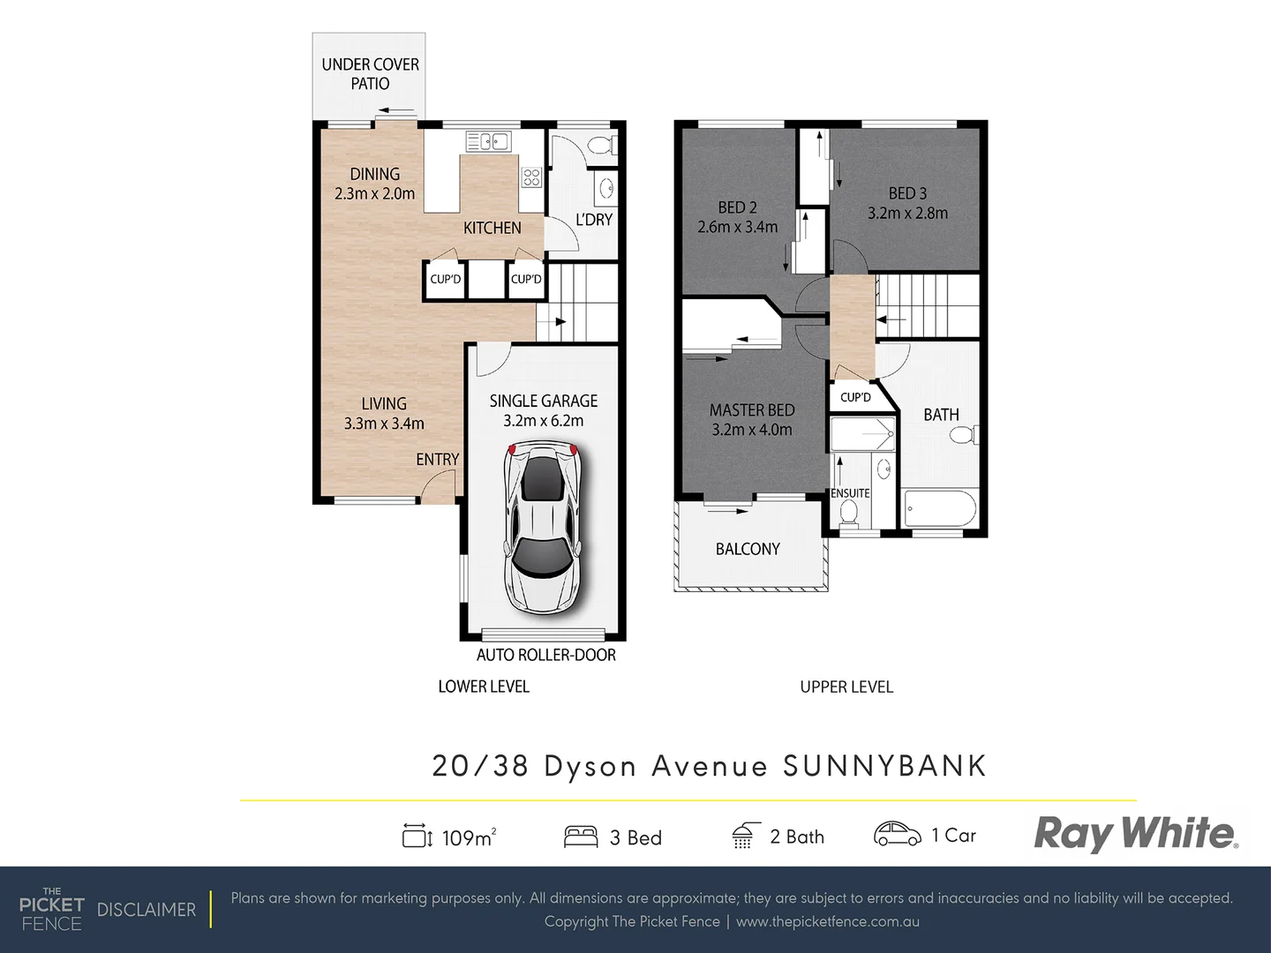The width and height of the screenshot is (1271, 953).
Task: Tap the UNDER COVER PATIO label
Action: coord(370,74)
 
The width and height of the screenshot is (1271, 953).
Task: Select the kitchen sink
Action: coord(487,141)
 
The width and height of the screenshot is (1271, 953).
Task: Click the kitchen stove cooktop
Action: coord(531,176)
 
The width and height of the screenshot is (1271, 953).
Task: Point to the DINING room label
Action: coord(374,174)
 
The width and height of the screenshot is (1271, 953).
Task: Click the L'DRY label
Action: coord(594,220)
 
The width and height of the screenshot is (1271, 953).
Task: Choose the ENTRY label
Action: coord(437,460)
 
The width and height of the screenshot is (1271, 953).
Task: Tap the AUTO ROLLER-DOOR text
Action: coord(545,655)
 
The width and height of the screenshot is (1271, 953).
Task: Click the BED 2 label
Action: coord(737,207)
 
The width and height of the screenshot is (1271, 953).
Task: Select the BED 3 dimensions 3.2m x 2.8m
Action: coord(907,214)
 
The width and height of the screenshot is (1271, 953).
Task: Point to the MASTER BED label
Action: coord(752,410)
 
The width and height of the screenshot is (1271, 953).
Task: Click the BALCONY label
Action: coord(748,549)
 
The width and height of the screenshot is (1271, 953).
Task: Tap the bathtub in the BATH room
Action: coord(940,509)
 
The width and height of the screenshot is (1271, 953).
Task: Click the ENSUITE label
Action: coord(850,493)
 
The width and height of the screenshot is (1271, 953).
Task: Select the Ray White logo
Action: coord(1136,833)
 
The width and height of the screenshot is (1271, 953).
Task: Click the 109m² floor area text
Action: coord(468,837)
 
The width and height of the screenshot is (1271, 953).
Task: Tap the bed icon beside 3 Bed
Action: coord(581,837)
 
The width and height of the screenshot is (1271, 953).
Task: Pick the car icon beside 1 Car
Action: coord(897,834)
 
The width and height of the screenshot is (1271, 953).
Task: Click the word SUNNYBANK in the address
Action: coord(884,766)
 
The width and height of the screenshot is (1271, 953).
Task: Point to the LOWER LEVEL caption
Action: coord(484,687)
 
